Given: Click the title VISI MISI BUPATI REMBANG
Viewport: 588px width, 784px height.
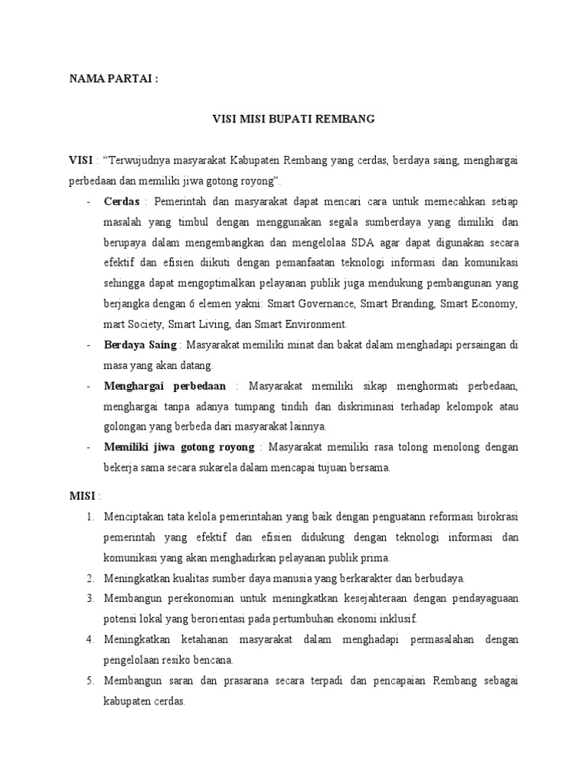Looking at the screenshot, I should click(x=293, y=119).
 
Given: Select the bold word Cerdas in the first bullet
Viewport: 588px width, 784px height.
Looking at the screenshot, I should click(x=122, y=201).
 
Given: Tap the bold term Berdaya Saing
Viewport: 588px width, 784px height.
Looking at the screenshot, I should click(x=140, y=345).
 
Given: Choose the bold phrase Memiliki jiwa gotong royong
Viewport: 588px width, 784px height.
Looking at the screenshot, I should click(x=179, y=446).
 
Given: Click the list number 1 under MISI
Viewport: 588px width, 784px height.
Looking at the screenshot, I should click(x=90, y=517).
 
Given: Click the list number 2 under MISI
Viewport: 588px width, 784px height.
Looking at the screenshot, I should click(x=90, y=577).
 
